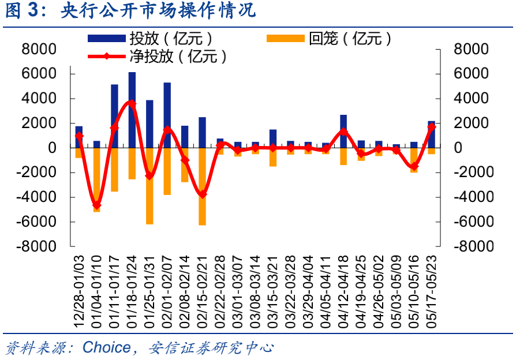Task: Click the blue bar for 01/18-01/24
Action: coord(132,110)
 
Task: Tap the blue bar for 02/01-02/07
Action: coord(167,115)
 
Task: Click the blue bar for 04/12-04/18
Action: coord(343,131)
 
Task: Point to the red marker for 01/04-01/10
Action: coord(97,205)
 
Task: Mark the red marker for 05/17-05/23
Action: coord(431,126)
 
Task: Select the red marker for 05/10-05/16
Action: coord(414,167)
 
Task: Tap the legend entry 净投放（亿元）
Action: coord(185,57)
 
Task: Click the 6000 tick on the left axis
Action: coord(39,74)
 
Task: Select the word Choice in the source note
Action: coord(107,347)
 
